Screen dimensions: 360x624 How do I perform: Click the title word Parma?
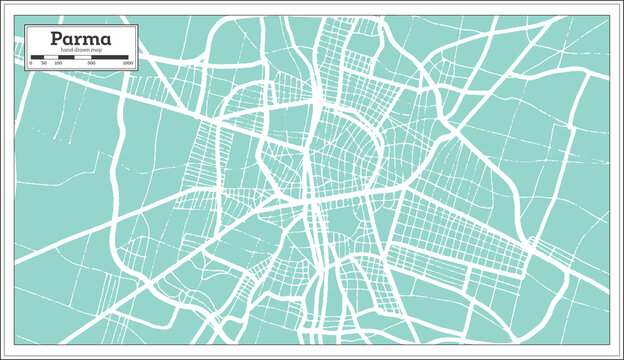pos(79,38)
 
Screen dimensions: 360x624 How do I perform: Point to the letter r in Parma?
pos(73,40)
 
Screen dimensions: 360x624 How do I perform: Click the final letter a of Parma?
pos(107,40)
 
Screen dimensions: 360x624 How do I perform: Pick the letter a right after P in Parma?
pos(59,40)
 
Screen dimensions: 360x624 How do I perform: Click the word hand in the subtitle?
pos(66,50)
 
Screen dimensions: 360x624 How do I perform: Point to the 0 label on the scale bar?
pos(31,63)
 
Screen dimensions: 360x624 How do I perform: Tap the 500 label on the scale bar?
pos(91,63)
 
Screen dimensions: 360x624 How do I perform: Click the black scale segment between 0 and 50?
pos(36,57)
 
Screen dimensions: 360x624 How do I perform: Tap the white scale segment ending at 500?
pos(81,57)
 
